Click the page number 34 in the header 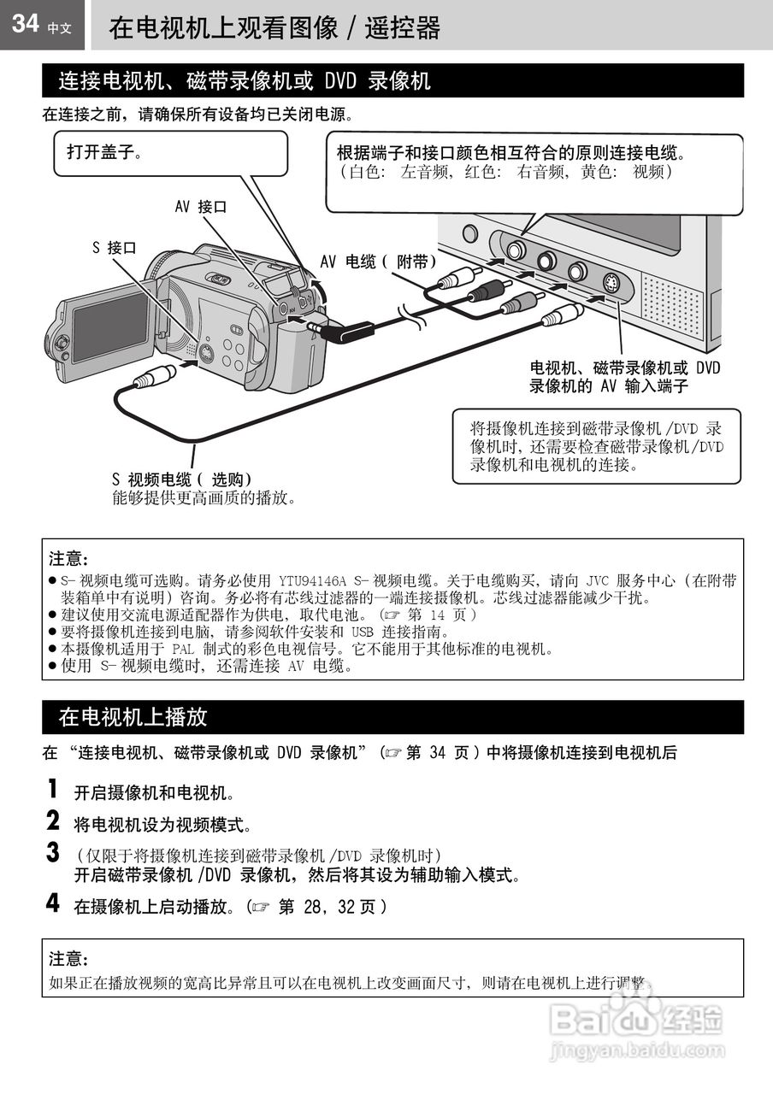click(x=26, y=23)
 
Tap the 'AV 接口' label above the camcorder click(x=201, y=207)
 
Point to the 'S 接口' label click(x=115, y=248)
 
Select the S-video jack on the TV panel click(x=610, y=282)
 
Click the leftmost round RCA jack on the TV click(x=515, y=250)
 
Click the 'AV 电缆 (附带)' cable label click(x=378, y=262)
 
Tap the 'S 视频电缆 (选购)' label click(x=182, y=479)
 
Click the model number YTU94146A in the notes click(x=312, y=580)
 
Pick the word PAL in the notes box click(x=183, y=649)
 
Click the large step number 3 click(x=53, y=853)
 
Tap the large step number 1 click(x=53, y=789)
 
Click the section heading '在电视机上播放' click(x=133, y=717)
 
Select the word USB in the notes click(x=362, y=632)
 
